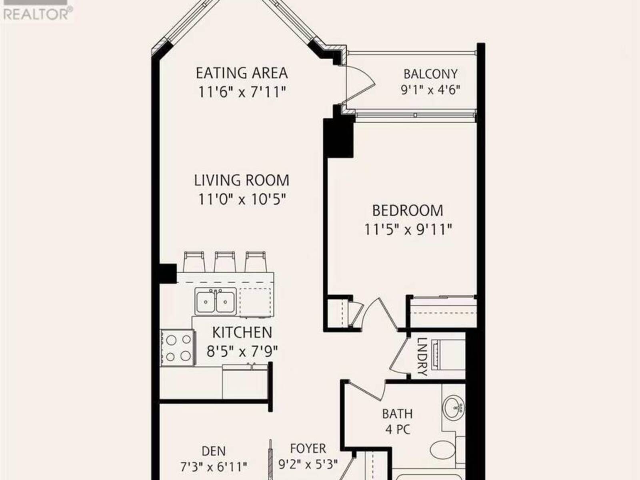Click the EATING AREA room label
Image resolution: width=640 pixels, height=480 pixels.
[x=242, y=73]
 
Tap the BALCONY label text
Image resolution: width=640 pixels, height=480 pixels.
[x=430, y=74]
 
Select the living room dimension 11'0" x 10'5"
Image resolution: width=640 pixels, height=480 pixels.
[x=242, y=200]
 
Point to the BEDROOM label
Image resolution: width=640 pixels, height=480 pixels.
[x=408, y=210]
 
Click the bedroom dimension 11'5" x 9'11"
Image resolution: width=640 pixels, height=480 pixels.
[x=408, y=230]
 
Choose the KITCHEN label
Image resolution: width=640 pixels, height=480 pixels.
[x=242, y=332]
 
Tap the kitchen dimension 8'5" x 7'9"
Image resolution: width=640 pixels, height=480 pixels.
[x=242, y=351]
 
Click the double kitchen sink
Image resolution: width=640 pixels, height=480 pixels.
[x=216, y=301]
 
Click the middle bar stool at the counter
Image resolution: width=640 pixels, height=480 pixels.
[x=225, y=262]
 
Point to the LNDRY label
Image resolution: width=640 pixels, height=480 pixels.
[x=422, y=357]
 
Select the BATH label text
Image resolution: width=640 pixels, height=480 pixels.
[x=398, y=414]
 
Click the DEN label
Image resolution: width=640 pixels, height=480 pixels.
[x=214, y=452]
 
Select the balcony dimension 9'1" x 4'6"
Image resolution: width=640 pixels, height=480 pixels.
[x=431, y=90]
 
